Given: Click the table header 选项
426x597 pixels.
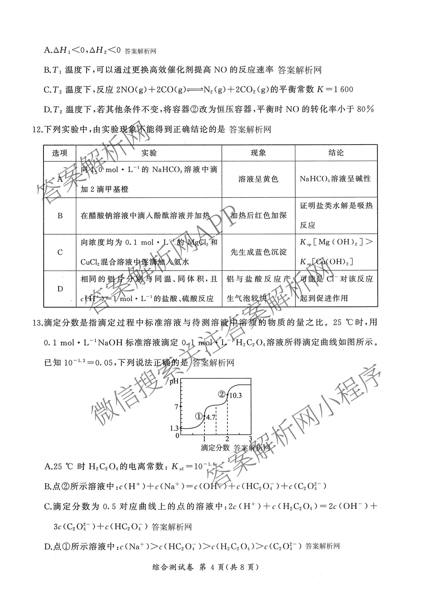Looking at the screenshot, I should pos(60,153).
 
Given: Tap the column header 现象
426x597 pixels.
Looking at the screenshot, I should pos(258,153).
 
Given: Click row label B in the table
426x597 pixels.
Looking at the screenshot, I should pos(60,216).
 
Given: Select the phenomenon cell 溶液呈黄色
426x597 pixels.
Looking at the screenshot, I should pos(258,179).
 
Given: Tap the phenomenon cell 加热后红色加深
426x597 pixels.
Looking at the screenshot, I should pos(258,215).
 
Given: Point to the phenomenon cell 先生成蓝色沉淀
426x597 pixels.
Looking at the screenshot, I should pos(258,252).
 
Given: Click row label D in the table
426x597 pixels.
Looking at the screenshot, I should pos(60,289).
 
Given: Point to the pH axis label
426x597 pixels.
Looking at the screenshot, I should pos(174,382).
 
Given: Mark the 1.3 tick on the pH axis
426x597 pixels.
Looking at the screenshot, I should pos(174,428).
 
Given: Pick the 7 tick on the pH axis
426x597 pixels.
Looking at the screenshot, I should pos(177,407).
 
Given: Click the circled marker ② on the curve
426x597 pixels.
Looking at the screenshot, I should pos(222,394).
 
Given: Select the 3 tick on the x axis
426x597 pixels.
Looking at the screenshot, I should pos(250,439).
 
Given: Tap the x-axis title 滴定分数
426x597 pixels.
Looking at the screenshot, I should pos(215,448).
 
